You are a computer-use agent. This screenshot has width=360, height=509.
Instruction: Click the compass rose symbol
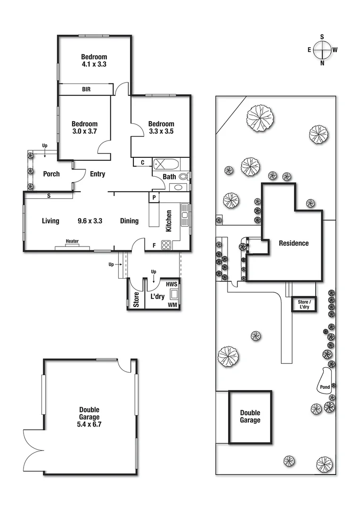point(322,49)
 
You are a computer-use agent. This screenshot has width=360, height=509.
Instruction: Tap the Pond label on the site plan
point(325,387)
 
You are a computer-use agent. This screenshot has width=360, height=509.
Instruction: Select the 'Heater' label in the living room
point(72,241)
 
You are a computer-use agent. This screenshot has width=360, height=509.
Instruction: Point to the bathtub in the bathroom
point(166,164)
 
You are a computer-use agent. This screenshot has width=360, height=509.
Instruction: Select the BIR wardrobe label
point(86,89)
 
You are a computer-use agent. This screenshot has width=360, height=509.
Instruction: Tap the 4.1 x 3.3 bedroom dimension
point(94,65)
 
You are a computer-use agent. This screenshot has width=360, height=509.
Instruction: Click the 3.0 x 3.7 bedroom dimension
point(84,132)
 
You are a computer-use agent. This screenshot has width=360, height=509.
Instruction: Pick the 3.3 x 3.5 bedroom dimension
point(161,132)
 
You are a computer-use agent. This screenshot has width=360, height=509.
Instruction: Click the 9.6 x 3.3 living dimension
point(90,221)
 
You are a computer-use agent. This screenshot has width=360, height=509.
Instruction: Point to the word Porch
point(51,174)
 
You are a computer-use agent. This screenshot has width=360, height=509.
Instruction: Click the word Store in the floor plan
point(136,301)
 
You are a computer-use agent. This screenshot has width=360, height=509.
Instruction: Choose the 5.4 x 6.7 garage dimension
point(90,425)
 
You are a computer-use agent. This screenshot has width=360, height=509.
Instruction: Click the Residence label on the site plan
point(294,243)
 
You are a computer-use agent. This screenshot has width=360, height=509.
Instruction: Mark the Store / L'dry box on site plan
point(303,304)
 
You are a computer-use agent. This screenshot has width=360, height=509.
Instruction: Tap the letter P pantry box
point(154,197)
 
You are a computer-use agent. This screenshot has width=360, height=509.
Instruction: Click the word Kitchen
point(168,221)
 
